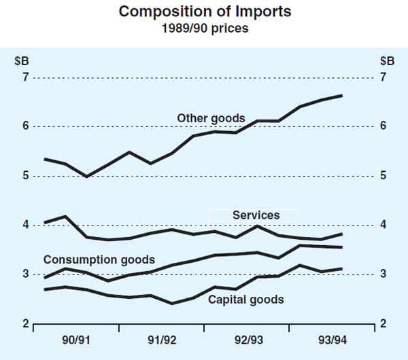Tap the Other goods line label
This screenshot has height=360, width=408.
tap(211, 118)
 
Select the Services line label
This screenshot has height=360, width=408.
tap(256, 215)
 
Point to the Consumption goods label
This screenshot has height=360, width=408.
tap(99, 259)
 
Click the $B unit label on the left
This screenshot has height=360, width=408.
tap(22, 59)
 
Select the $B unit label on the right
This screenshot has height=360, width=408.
tap(386, 59)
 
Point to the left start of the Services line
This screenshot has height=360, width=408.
tap(44, 222)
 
